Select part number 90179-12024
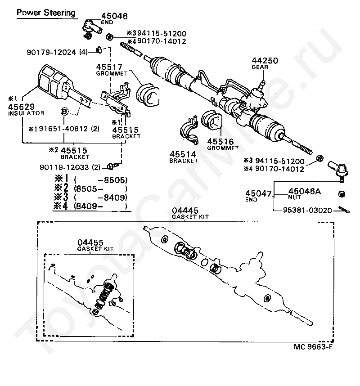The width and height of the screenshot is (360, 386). [x=59, y=52]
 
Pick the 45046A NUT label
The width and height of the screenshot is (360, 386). [x=304, y=192]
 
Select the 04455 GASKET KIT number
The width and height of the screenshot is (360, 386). [x=90, y=243]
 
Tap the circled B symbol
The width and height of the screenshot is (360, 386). [x=64, y=111]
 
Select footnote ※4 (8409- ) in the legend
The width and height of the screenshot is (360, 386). [x=90, y=206]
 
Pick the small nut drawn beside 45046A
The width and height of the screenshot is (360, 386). [x=341, y=194]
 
